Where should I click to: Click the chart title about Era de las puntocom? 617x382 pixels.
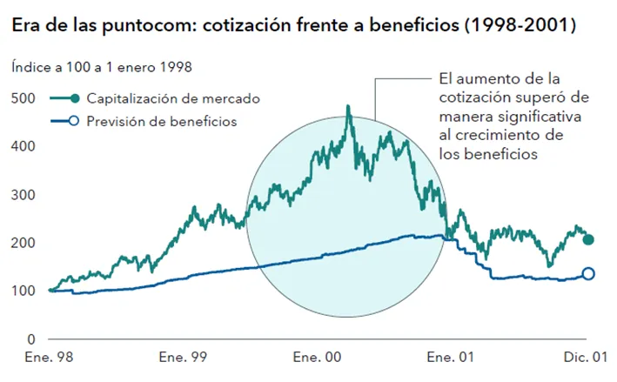(x=292, y=27)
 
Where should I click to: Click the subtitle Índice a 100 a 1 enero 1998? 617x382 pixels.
(x=102, y=67)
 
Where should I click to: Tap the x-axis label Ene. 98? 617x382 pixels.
(x=50, y=358)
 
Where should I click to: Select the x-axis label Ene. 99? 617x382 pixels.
(x=184, y=358)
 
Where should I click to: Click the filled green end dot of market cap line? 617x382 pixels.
(x=588, y=239)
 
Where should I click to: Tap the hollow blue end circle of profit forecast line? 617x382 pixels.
(x=588, y=273)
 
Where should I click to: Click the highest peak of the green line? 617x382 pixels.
(x=348, y=107)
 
